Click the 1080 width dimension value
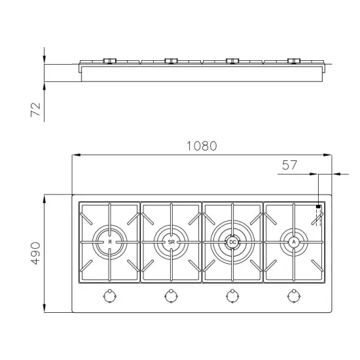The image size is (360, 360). (x=201, y=147)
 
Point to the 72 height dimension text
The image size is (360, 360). (x=35, y=109)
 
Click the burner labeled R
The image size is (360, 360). (x=109, y=242)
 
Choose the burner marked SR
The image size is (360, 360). (x=171, y=242)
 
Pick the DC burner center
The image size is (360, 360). (x=232, y=242)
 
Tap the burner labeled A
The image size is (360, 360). (x=294, y=242)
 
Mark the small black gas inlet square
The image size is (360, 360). (x=318, y=206)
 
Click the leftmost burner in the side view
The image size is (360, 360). (x=109, y=61)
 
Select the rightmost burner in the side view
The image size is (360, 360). (x=294, y=61)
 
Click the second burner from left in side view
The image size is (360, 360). (x=171, y=61)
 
